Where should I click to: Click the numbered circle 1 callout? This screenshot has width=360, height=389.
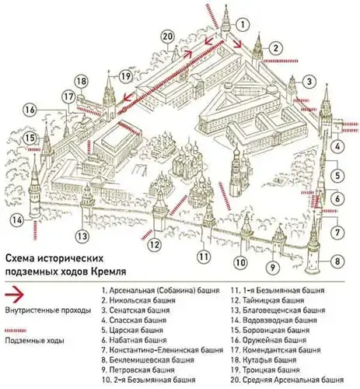pyautogui.click(x=243, y=25)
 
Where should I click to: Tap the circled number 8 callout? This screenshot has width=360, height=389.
pyautogui.click(x=337, y=261)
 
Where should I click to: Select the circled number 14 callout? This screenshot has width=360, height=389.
pyautogui.click(x=17, y=220)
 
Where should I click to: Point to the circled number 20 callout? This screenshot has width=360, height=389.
pyautogui.click(x=168, y=37)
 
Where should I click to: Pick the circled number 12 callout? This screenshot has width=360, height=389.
pyautogui.click(x=154, y=244)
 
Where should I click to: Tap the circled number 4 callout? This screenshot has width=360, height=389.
pyautogui.click(x=337, y=147)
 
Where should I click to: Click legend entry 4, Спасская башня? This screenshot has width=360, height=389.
pyautogui.click(x=134, y=321)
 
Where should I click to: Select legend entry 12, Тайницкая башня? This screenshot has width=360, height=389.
pyautogui.click(x=267, y=300)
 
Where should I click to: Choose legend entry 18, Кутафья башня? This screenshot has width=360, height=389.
pyautogui.click(x=264, y=360)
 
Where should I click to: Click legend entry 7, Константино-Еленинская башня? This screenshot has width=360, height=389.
pyautogui.click(x=163, y=350)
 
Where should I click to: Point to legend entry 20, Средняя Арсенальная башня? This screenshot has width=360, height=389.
pyautogui.click(x=287, y=380)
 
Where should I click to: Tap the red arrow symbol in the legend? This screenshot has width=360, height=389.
pyautogui.click(x=15, y=294)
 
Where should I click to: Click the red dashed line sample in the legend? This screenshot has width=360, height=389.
pyautogui.click(x=16, y=331)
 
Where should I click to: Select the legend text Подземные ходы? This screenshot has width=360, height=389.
pyautogui.click(x=34, y=340)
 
